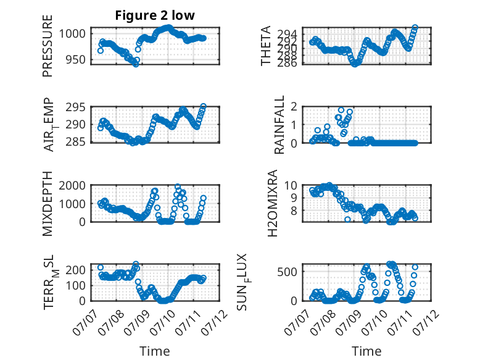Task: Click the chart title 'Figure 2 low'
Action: point(155,15)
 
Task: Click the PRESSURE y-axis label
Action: point(48,46)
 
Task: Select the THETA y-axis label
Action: point(266,46)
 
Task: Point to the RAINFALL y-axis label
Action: point(279,125)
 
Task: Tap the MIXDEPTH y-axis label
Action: point(48,204)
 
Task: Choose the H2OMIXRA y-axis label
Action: point(272,203)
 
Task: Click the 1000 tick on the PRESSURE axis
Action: point(72,33)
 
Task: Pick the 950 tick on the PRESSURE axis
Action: point(76,59)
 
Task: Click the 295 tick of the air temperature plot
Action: point(76,107)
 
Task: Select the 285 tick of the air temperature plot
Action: point(76,142)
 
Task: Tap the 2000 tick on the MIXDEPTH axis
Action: point(72,186)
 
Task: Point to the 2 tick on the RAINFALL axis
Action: point(294,107)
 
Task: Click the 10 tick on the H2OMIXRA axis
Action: point(291,185)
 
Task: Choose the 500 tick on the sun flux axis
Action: point(288,272)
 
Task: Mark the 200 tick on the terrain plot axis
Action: point(76,270)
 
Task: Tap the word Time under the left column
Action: point(155,351)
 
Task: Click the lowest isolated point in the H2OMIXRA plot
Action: point(347,219)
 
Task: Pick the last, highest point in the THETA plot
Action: point(415,28)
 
